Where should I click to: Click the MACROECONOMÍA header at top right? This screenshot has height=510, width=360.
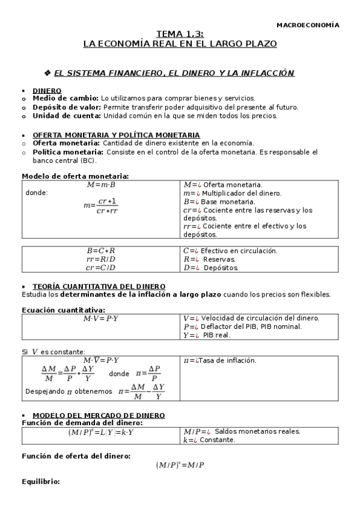tap(307, 25)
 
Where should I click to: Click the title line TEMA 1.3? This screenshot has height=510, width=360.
tap(180, 35)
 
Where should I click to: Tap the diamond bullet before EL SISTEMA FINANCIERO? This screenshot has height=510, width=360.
tap(48, 73)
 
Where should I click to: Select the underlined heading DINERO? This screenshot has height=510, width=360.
tap(47, 90)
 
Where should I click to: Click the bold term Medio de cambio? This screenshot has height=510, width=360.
tap(66, 98)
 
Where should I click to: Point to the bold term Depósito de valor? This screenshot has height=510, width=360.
tap(68, 107)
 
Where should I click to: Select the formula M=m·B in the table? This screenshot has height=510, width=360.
tap(100, 185)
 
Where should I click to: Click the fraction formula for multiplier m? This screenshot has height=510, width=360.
tap(100, 206)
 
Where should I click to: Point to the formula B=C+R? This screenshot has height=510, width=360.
tap(100, 250)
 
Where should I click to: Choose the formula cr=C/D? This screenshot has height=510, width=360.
tap(100, 268)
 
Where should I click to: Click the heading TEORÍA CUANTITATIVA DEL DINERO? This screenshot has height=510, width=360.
tap(99, 286)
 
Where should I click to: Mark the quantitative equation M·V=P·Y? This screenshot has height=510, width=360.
tap(100, 318)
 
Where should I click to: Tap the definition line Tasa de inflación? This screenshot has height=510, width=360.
tap(220, 360)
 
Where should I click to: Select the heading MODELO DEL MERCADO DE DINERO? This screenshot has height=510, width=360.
tap(99, 415)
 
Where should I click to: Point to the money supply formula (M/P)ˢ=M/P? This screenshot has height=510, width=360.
tap(180, 465)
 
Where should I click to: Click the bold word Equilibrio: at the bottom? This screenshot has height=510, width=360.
tap(41, 482)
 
